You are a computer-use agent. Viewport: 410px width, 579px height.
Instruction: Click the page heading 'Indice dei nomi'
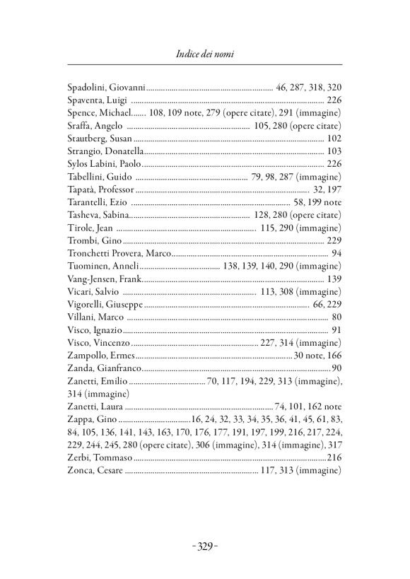[204, 54]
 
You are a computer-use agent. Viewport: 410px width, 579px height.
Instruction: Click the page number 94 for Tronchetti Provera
[336, 253]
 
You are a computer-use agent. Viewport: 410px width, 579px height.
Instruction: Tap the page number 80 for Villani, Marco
[336, 317]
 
